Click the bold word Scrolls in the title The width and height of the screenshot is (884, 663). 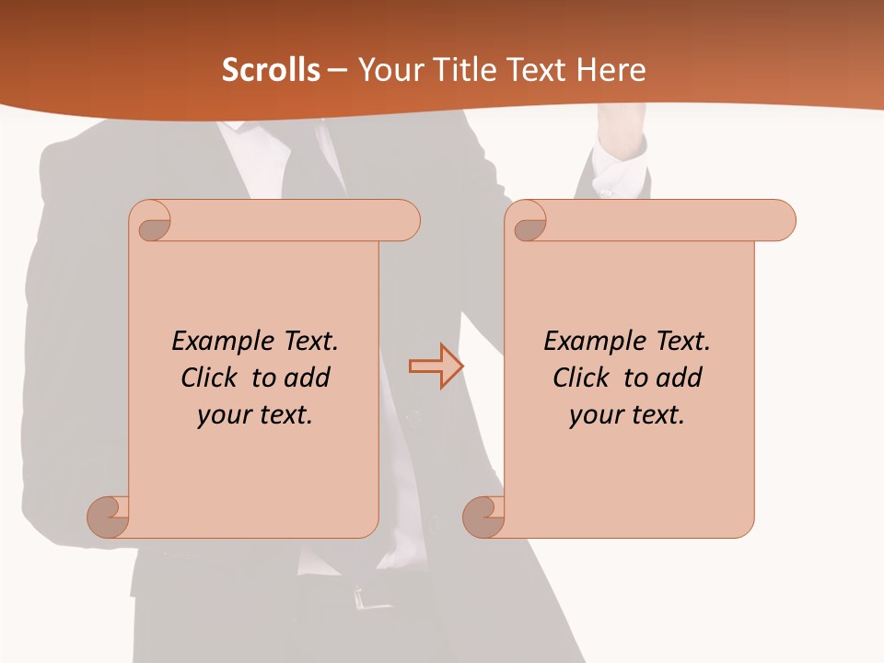tap(272, 70)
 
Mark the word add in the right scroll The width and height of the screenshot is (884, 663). tap(680, 378)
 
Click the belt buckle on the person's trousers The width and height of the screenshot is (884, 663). tap(368, 599)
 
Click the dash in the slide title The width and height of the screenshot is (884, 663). tap(338, 70)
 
